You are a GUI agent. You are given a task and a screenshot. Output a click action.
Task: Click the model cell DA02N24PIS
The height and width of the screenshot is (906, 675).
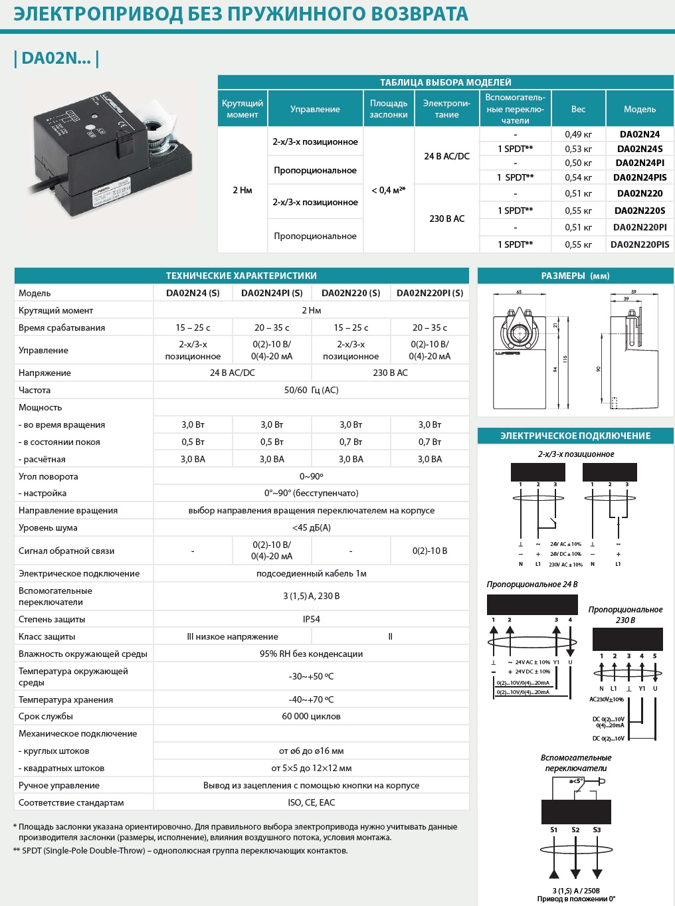tap(640, 177)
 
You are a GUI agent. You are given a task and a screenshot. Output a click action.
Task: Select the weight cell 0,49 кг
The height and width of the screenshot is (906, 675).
tap(578, 134)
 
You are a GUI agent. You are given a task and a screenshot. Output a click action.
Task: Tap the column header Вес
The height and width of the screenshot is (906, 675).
tap(578, 109)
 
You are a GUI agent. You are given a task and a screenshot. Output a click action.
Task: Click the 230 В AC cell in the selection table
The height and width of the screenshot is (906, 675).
tap(446, 219)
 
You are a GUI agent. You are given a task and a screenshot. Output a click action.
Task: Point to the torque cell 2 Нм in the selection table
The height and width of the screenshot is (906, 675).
tap(242, 190)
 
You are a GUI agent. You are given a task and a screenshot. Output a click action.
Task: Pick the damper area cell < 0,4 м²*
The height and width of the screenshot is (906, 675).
tap(389, 190)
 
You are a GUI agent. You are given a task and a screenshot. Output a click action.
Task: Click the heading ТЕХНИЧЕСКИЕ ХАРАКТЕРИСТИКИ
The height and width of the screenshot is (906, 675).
tap(241, 276)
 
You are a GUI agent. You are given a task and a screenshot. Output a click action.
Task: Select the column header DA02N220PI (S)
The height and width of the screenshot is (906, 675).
tap(430, 293)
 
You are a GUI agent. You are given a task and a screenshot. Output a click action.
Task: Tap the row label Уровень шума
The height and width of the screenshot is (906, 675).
tap(48, 527)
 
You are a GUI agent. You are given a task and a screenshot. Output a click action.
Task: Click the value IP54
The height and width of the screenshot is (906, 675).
tap(311, 619)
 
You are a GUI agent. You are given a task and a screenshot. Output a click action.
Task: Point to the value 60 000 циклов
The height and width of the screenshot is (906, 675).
tap(311, 716)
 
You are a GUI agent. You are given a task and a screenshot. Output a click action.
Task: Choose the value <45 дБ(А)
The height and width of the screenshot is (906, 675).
tap(311, 527)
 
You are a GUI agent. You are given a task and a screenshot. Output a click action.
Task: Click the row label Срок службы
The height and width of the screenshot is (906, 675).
tap(46, 716)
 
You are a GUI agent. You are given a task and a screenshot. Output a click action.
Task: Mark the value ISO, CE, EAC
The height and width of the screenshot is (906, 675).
tap(311, 802)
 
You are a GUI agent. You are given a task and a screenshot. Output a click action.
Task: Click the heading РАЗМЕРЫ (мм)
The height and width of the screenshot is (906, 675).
tap(575, 276)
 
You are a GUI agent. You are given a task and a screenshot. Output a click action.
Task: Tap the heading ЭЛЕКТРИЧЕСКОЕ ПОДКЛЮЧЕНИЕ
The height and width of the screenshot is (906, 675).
tap(575, 436)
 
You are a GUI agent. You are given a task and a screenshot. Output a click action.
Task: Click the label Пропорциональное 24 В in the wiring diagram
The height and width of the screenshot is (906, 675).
tap(531, 585)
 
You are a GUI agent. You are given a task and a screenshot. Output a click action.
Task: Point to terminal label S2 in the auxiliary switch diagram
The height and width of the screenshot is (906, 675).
tap(575, 830)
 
